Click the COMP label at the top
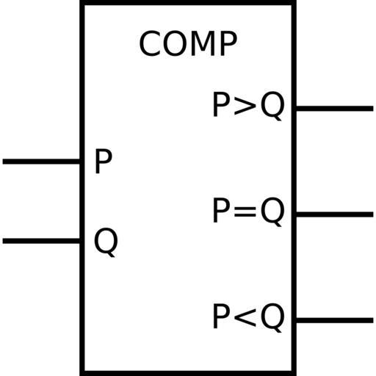click(x=188, y=43)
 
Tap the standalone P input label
click(x=104, y=162)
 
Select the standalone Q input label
click(x=106, y=242)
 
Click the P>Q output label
click(x=248, y=106)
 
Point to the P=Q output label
click(x=248, y=211)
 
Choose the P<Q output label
click(x=248, y=318)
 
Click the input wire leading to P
click(x=41, y=162)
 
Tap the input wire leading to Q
click(x=41, y=241)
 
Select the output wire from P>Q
click(x=335, y=109)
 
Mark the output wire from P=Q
click(x=335, y=214)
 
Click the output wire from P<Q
click(x=335, y=320)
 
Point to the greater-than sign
click(x=245, y=107)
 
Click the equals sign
click(x=245, y=212)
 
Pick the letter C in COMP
click(x=149, y=43)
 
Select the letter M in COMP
click(x=203, y=43)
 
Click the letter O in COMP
click(x=175, y=43)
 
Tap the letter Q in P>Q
click(x=272, y=106)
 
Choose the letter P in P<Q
click(x=221, y=317)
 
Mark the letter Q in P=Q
click(x=272, y=212)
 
